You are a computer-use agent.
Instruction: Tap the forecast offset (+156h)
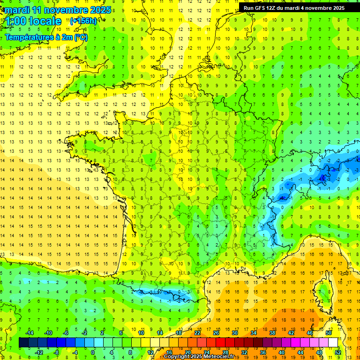tap(83, 21)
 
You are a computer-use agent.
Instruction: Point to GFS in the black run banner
tap(261, 8)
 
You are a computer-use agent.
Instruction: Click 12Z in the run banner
tap(273, 8)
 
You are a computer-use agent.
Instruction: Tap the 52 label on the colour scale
tap(337, 352)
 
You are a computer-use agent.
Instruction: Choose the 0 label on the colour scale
tap(93, 352)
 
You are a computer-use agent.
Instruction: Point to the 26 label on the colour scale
tap(216, 333)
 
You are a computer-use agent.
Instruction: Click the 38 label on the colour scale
tap(272, 333)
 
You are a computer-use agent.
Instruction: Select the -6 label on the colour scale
tap(66, 333)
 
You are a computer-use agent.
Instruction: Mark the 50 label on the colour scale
tap(328, 333)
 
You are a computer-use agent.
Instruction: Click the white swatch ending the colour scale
tap(333, 343)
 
